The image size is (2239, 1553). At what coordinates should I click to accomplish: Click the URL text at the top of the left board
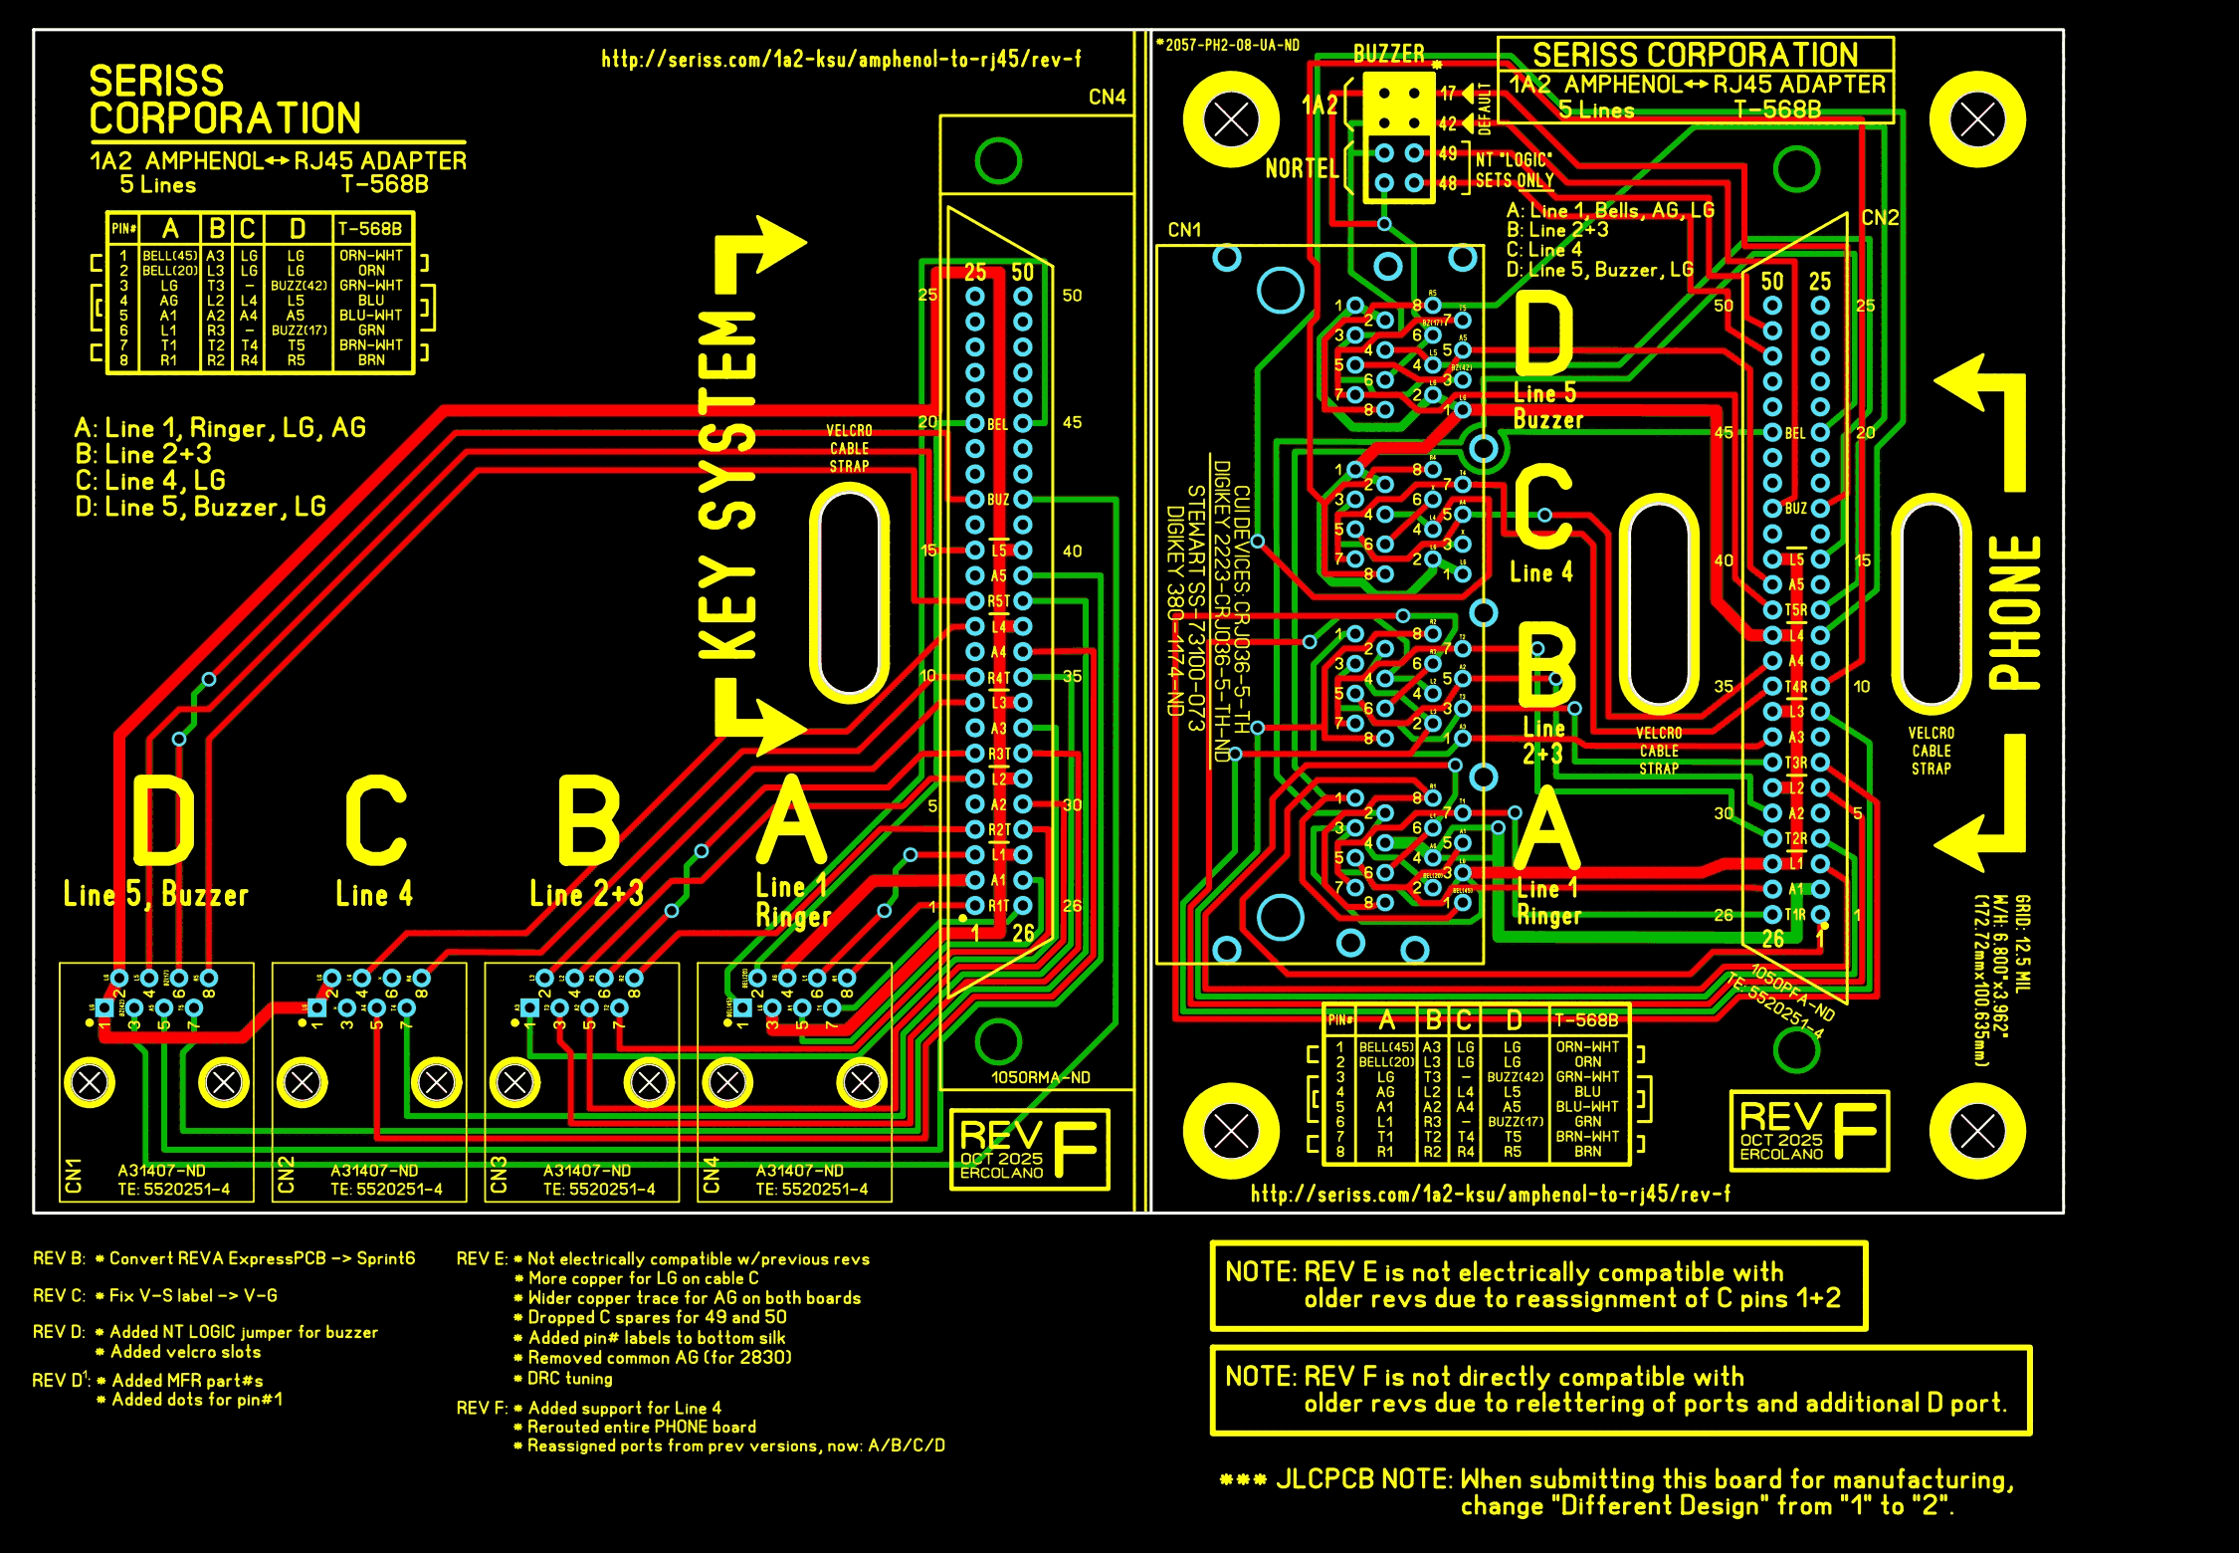(x=841, y=60)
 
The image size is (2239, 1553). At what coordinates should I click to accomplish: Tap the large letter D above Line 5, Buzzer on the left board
(x=163, y=821)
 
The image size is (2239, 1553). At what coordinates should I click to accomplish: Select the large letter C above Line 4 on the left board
(x=376, y=821)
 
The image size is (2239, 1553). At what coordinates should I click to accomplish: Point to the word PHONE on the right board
(x=2015, y=612)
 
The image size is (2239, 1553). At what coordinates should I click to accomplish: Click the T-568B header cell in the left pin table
(x=370, y=229)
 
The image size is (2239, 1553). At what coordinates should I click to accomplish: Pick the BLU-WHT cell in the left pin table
(x=371, y=316)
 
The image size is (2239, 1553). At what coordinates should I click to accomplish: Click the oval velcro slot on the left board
(x=849, y=593)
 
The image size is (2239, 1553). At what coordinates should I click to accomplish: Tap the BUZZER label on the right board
(x=1388, y=54)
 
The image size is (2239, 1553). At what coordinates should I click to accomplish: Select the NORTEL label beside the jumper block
(x=1302, y=169)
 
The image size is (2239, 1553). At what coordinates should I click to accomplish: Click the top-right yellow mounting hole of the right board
(x=1976, y=120)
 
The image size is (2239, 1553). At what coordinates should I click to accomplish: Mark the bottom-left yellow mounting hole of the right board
(x=1231, y=1131)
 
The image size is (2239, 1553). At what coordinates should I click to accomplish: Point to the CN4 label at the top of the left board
(x=1107, y=98)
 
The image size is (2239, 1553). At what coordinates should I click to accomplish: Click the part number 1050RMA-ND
(x=1040, y=1078)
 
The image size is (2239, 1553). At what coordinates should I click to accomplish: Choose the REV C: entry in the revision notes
(x=59, y=1296)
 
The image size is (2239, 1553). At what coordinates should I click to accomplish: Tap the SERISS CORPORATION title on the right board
(x=1695, y=55)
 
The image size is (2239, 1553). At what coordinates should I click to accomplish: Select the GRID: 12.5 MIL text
(x=2023, y=944)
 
